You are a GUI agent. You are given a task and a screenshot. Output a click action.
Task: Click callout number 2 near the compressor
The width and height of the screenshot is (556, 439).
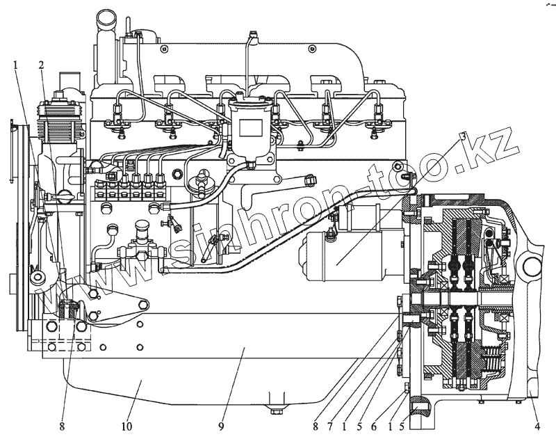pyautogui.click(x=42, y=65)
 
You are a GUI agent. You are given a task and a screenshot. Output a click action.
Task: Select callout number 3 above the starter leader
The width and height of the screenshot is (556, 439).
pyautogui.click(x=462, y=136)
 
